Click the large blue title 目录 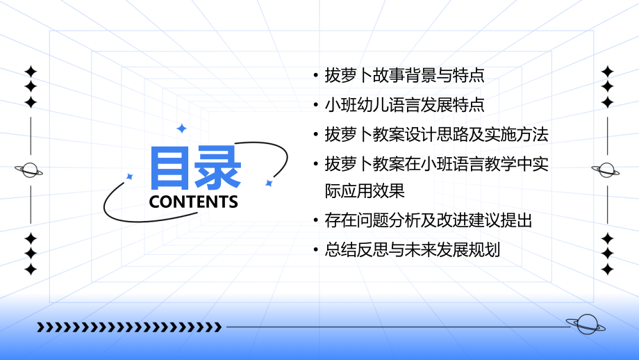pos(195,168)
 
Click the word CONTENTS pos(194,202)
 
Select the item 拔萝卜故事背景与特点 pos(404,75)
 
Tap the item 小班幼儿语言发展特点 pos(404,105)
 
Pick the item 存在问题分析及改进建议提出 pos(428,221)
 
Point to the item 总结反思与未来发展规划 pos(412,250)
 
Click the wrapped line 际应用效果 pos(365,191)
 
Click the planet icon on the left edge pos(30,170)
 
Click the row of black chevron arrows pos(129,327)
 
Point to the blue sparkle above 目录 pos(182,129)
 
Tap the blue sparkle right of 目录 pos(269,183)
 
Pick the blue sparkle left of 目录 pos(129,177)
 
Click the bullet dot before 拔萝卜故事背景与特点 pos(316,76)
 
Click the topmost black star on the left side pos(31,71)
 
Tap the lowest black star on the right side pos(608,270)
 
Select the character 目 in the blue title pos(171,168)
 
